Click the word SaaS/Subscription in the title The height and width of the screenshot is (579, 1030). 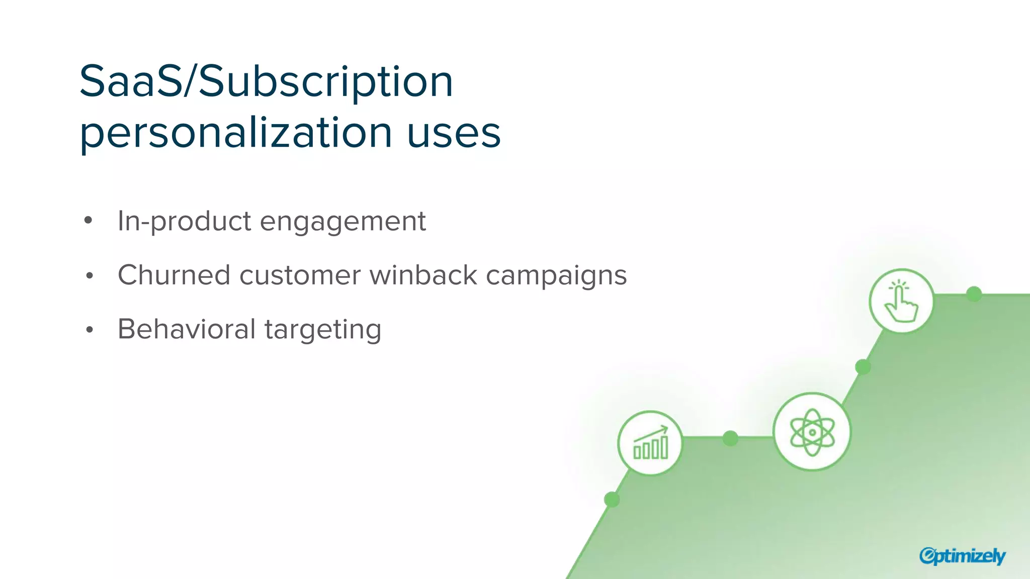click(x=266, y=81)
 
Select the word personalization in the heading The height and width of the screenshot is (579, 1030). click(x=235, y=133)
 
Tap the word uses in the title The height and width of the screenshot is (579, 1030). click(x=454, y=133)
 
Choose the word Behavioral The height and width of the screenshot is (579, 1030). click(x=187, y=329)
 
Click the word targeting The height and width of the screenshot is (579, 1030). click(x=323, y=330)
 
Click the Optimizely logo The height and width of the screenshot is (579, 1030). click(x=962, y=556)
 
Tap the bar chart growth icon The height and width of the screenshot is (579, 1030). click(x=650, y=443)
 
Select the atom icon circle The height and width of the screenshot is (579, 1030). click(x=812, y=432)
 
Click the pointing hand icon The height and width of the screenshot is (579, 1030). click(x=901, y=301)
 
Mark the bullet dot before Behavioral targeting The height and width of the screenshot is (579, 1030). click(x=90, y=330)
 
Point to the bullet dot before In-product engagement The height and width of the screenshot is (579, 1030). click(x=89, y=220)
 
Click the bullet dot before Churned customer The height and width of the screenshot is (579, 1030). click(x=90, y=275)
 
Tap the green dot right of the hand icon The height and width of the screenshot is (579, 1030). click(x=974, y=294)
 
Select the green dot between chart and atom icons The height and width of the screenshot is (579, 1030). click(x=730, y=438)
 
